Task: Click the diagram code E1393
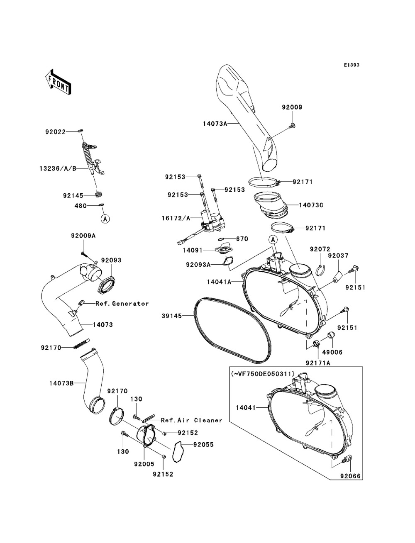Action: click(x=352, y=65)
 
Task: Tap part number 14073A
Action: click(x=215, y=124)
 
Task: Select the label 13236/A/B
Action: click(x=58, y=168)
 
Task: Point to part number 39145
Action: click(x=172, y=316)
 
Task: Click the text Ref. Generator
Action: click(x=122, y=304)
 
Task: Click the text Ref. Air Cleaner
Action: click(x=192, y=420)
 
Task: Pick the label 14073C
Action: click(x=311, y=205)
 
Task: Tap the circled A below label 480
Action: click(x=105, y=219)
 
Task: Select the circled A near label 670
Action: click(x=273, y=239)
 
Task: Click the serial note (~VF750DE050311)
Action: click(x=263, y=373)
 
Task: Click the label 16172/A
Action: click(x=176, y=218)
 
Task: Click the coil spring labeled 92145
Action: click(x=99, y=194)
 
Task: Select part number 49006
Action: click(x=332, y=352)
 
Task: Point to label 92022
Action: click(x=56, y=132)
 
